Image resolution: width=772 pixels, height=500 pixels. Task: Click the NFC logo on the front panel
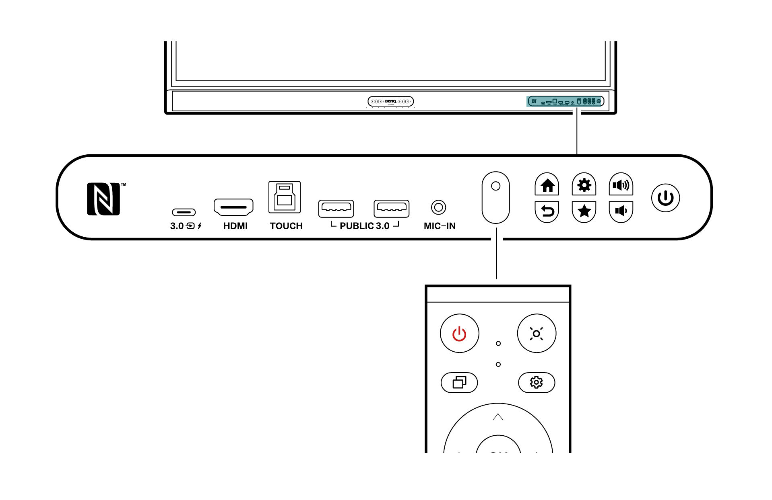[104, 199]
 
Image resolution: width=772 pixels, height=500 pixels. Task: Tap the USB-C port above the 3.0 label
[184, 212]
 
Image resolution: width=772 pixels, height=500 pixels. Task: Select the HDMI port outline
[233, 207]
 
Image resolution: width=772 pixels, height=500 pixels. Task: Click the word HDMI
[235, 226]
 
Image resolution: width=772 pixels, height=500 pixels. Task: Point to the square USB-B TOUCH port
[285, 197]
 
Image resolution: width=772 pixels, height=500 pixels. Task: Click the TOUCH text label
[286, 226]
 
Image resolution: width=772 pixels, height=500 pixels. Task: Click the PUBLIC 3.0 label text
[365, 226]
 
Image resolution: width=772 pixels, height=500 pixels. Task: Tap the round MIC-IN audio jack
[438, 207]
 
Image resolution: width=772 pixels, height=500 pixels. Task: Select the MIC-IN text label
[440, 226]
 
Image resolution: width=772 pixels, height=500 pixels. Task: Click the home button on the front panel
[547, 185]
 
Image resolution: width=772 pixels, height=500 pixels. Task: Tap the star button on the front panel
[584, 211]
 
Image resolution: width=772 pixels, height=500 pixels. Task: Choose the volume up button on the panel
[621, 185]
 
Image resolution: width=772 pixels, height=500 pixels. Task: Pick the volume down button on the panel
[621, 211]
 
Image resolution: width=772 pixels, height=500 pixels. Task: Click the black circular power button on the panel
[665, 198]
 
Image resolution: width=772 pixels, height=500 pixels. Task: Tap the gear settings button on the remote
[537, 382]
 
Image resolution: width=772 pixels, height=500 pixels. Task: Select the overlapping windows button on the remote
[459, 382]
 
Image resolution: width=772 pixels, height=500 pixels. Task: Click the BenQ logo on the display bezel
[390, 101]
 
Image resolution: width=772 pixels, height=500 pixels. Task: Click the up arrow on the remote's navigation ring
[498, 417]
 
